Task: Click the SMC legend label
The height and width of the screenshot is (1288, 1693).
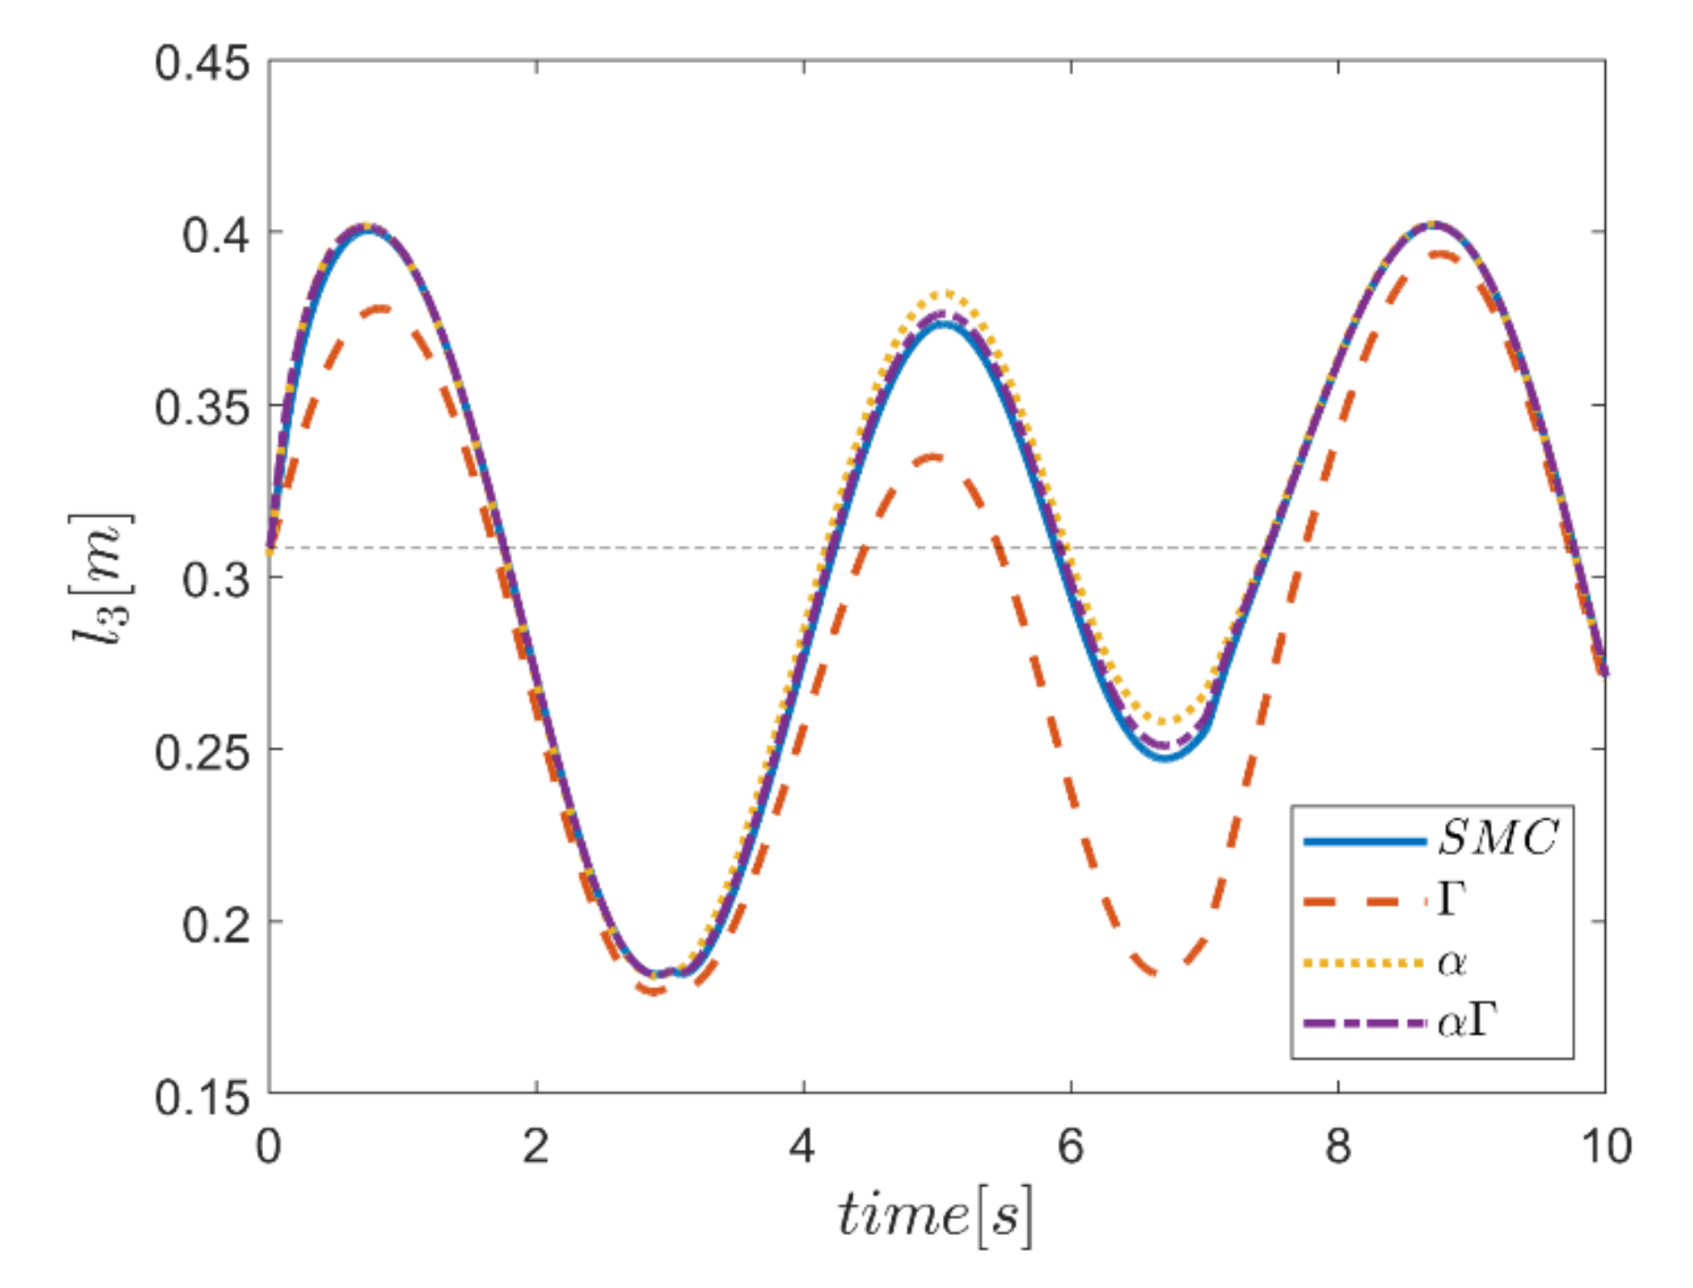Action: (1498, 837)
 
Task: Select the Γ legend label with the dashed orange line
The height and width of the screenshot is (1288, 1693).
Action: (1451, 898)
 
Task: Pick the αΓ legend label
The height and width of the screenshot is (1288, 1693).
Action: (1467, 1022)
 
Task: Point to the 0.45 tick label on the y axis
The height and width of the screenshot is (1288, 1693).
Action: (202, 63)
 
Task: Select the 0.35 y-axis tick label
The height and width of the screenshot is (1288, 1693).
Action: (202, 407)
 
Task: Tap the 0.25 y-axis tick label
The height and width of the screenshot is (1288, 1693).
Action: (202, 752)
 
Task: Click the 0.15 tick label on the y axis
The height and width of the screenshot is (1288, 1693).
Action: (202, 1097)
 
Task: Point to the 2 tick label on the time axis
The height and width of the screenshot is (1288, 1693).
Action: (536, 1147)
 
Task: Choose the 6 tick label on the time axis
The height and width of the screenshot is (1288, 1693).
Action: (1071, 1147)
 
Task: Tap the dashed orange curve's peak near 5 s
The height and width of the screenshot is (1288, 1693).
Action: (935, 457)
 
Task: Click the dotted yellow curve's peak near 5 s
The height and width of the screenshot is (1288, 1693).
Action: (945, 293)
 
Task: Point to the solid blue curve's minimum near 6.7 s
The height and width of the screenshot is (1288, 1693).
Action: (1166, 757)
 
